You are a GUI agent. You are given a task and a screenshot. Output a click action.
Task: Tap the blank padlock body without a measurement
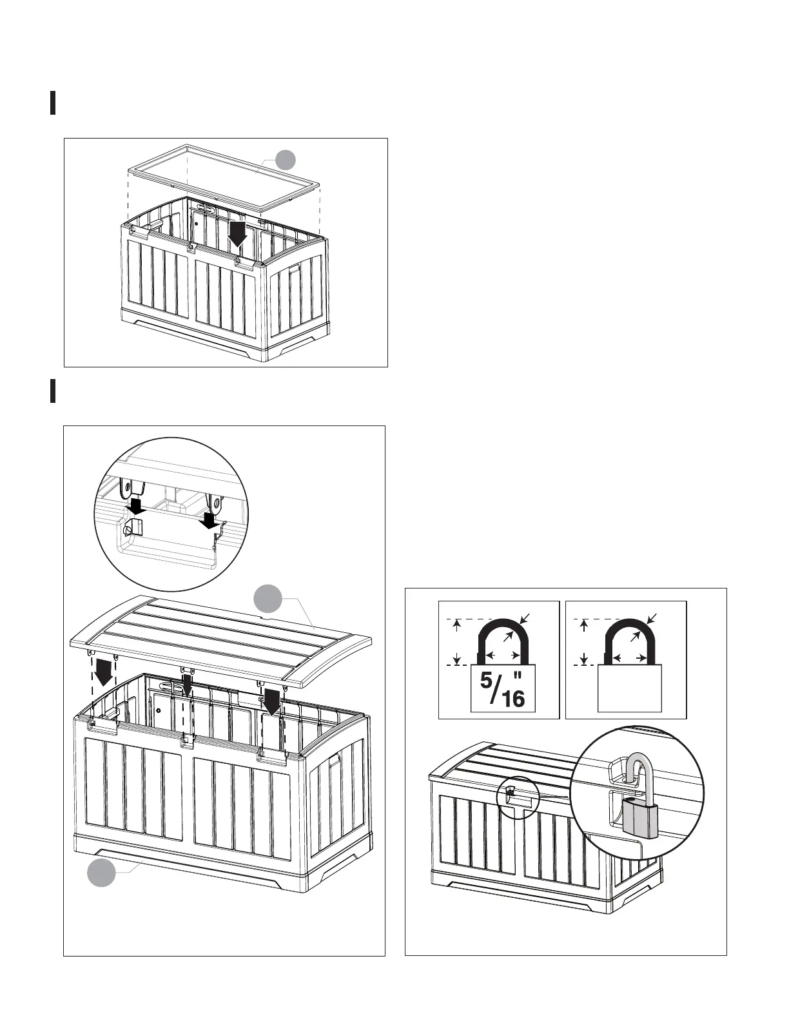tap(630, 688)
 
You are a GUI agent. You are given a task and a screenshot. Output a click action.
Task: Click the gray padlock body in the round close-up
tap(640, 816)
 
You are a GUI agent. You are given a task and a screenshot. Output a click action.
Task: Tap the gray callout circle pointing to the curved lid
tap(267, 599)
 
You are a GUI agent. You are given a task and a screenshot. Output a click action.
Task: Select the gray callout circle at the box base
tap(101, 872)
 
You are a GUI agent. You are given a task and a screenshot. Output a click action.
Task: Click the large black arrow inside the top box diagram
tap(238, 235)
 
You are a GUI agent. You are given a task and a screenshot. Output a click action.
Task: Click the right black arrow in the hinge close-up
tap(210, 519)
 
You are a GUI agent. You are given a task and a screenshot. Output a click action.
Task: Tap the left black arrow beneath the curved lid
tap(102, 675)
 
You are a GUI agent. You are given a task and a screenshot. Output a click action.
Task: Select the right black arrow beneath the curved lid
tap(272, 702)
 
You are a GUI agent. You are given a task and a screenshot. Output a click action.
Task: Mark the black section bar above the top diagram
tap(52, 103)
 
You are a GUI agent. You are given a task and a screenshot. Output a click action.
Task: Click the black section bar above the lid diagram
tap(52, 391)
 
